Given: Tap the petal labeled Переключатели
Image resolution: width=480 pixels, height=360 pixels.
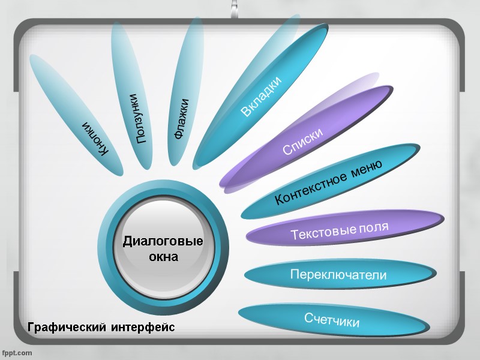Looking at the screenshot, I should (338, 275).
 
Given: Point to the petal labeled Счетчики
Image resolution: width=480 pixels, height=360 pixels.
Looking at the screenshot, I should (332, 320).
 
